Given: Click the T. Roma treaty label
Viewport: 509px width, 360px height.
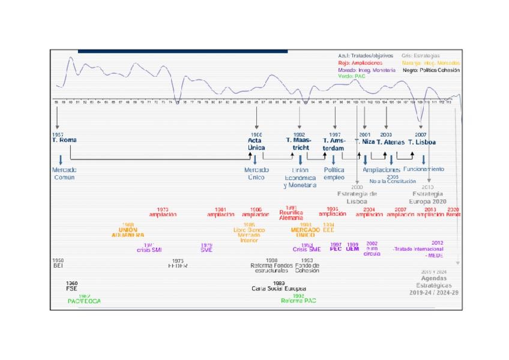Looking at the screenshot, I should coord(64,140).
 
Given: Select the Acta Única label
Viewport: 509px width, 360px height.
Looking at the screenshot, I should coord(256,144).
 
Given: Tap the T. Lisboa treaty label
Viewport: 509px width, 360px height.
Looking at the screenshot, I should coord(422,142).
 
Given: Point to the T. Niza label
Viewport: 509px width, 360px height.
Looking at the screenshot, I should coord(365,142).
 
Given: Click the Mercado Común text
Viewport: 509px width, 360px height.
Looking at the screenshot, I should coord(64,173).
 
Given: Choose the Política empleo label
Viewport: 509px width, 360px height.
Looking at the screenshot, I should coord(334,173).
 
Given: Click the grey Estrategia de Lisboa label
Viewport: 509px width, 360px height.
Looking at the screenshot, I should coord(357,197).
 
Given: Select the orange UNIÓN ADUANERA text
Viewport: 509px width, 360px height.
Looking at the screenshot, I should coord(128,232).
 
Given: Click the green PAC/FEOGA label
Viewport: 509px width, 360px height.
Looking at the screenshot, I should coord(84,301).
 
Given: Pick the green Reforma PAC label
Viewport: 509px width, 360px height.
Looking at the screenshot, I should coord(298,301).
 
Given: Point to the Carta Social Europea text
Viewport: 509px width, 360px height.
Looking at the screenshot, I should coord(279,289).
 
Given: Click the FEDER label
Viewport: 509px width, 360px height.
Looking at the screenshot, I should coord(178,266).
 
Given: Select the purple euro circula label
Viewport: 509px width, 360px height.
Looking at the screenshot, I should coord(372,250).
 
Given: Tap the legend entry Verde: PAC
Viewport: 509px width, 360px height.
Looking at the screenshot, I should coord(352,77).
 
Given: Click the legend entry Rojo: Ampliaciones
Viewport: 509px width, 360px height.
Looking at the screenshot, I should coord(360,63).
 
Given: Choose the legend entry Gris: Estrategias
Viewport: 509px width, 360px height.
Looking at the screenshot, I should coord(421,56).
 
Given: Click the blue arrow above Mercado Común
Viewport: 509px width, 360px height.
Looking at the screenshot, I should coord(61,160).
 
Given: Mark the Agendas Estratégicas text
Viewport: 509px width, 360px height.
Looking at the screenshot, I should coord(434,282).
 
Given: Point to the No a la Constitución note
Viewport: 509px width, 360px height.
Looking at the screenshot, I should coord(393,181).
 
